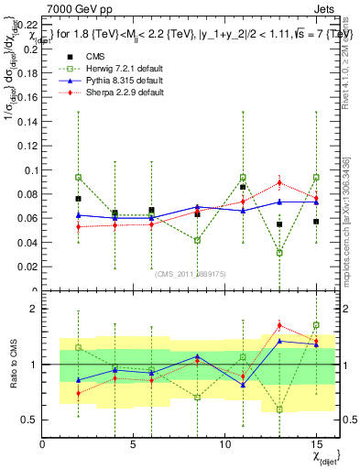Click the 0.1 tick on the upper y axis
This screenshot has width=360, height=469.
point(29,169)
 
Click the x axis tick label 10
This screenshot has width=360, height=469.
point(224,444)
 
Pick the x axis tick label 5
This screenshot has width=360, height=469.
point(134,444)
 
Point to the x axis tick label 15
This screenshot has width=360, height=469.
point(315,444)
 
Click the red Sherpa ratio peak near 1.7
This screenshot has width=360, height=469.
point(279,325)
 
